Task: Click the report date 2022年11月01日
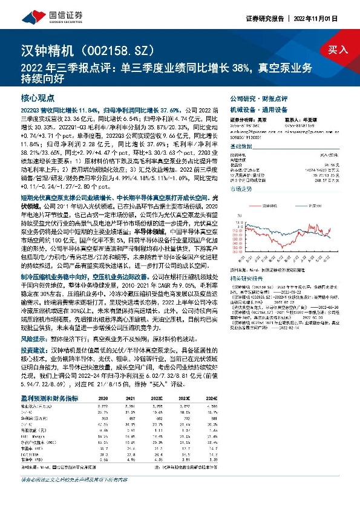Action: [x=329, y=18]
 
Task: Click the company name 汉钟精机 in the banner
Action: [x=42, y=49]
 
